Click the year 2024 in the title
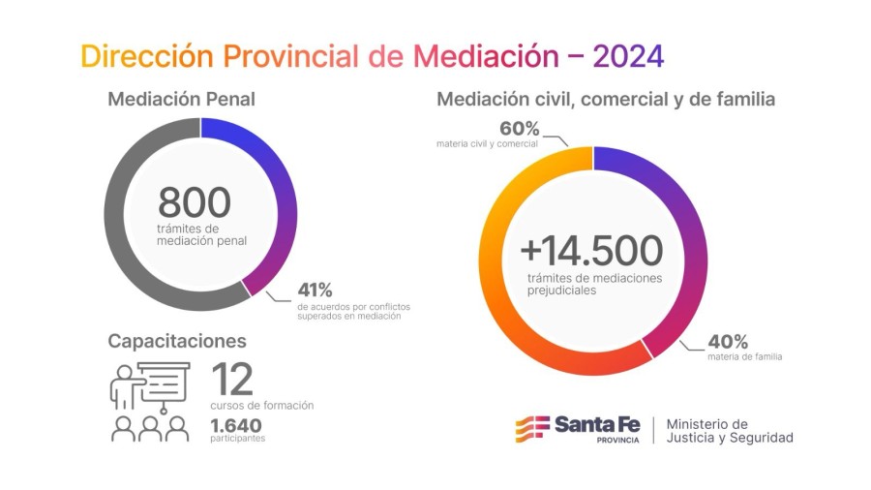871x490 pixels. click(x=628, y=55)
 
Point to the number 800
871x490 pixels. click(x=195, y=202)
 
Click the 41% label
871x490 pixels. click(x=315, y=290)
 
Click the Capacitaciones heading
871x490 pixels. click(x=177, y=341)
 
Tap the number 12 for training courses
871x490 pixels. click(x=231, y=379)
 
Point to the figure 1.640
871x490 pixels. click(x=235, y=424)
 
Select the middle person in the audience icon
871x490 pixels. click(x=150, y=429)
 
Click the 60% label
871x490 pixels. click(x=519, y=129)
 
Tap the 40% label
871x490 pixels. click(x=728, y=341)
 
